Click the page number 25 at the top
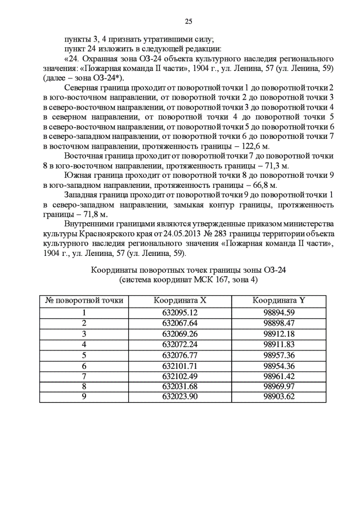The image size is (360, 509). pyautogui.click(x=188, y=21)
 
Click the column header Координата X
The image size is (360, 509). pyautogui.click(x=180, y=300)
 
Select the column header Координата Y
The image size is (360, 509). pyautogui.click(x=278, y=300)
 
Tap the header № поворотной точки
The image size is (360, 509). pyautogui.click(x=84, y=300)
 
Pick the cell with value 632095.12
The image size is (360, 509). pyautogui.click(x=180, y=313)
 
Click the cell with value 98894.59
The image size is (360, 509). pyautogui.click(x=278, y=313)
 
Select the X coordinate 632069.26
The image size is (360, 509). pyautogui.click(x=180, y=334)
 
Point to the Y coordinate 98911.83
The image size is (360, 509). pyautogui.click(x=278, y=344)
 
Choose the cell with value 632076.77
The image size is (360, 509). pyautogui.click(x=180, y=355)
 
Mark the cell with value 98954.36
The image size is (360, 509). pyautogui.click(x=278, y=366)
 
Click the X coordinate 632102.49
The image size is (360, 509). pyautogui.click(x=180, y=376)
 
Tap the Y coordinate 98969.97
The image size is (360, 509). pyautogui.click(x=278, y=386)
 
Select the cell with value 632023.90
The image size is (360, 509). pyautogui.click(x=180, y=397)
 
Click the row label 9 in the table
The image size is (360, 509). pyautogui.click(x=84, y=397)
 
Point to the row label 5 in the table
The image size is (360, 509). pyautogui.click(x=84, y=355)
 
